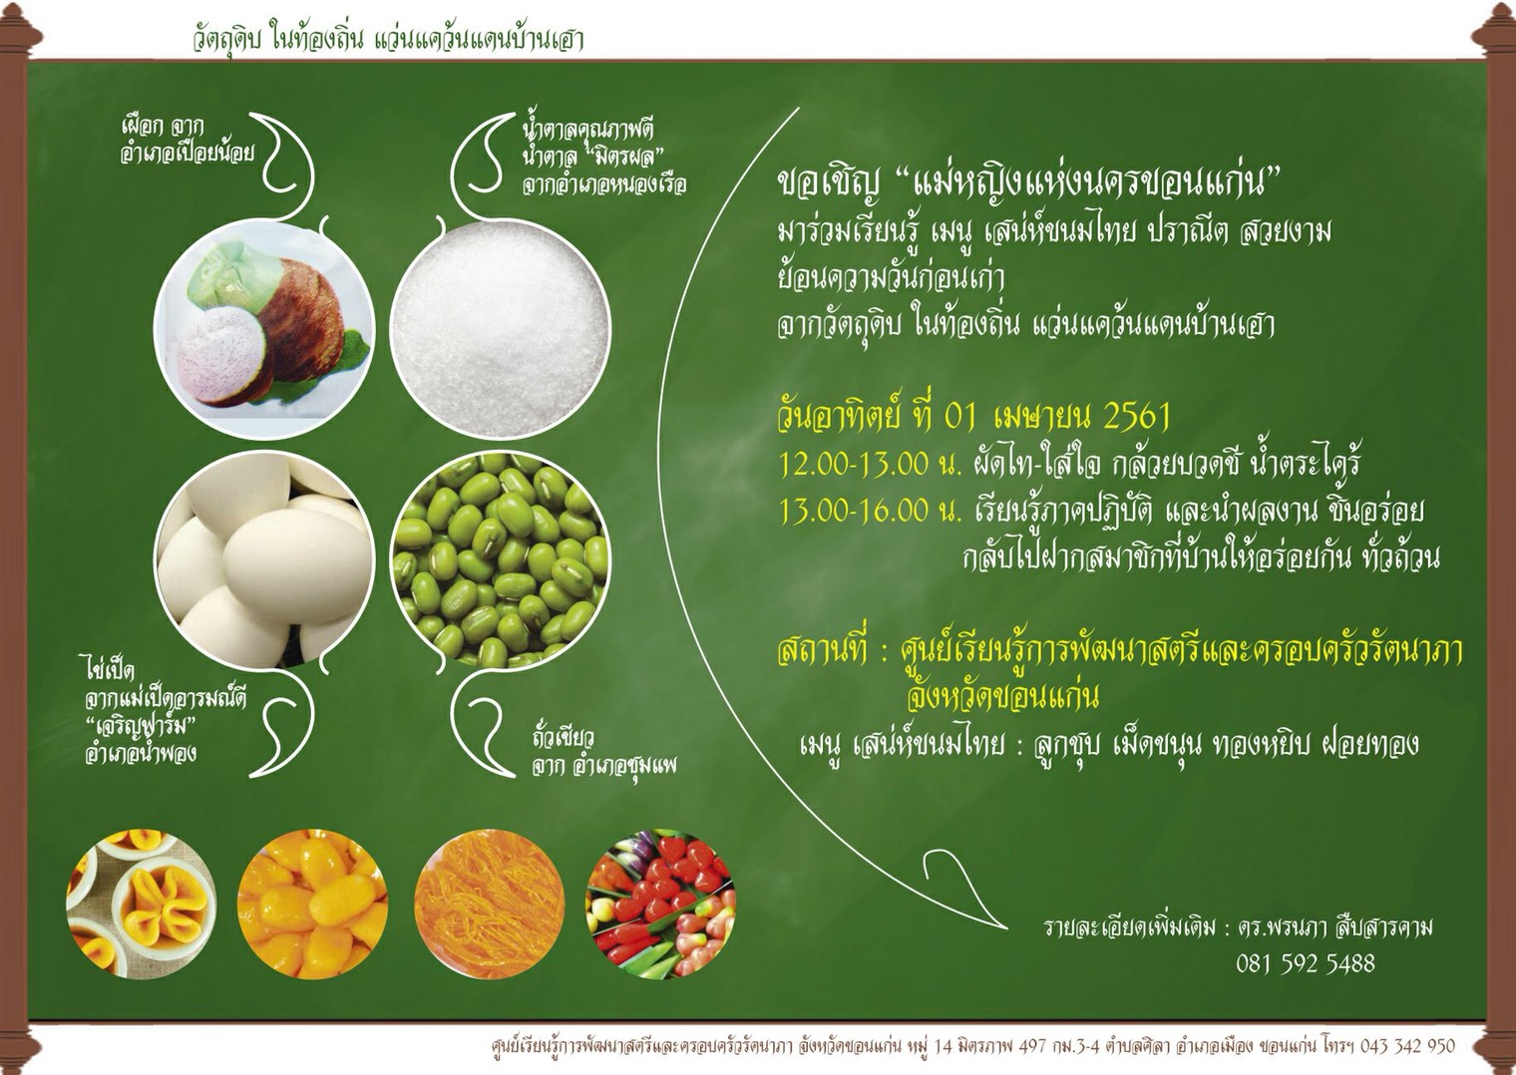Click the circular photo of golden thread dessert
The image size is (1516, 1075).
point(490,903)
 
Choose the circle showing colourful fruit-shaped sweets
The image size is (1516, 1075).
point(660,903)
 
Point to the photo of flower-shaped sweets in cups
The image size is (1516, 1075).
point(142,903)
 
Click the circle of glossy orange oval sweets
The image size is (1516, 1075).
point(313,903)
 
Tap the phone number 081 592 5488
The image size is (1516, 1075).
point(1306,963)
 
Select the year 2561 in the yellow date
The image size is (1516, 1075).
point(1138,418)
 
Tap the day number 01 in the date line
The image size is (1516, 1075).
point(960,418)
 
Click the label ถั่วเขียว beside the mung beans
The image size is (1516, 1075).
point(563,737)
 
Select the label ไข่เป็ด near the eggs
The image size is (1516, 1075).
point(110,668)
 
